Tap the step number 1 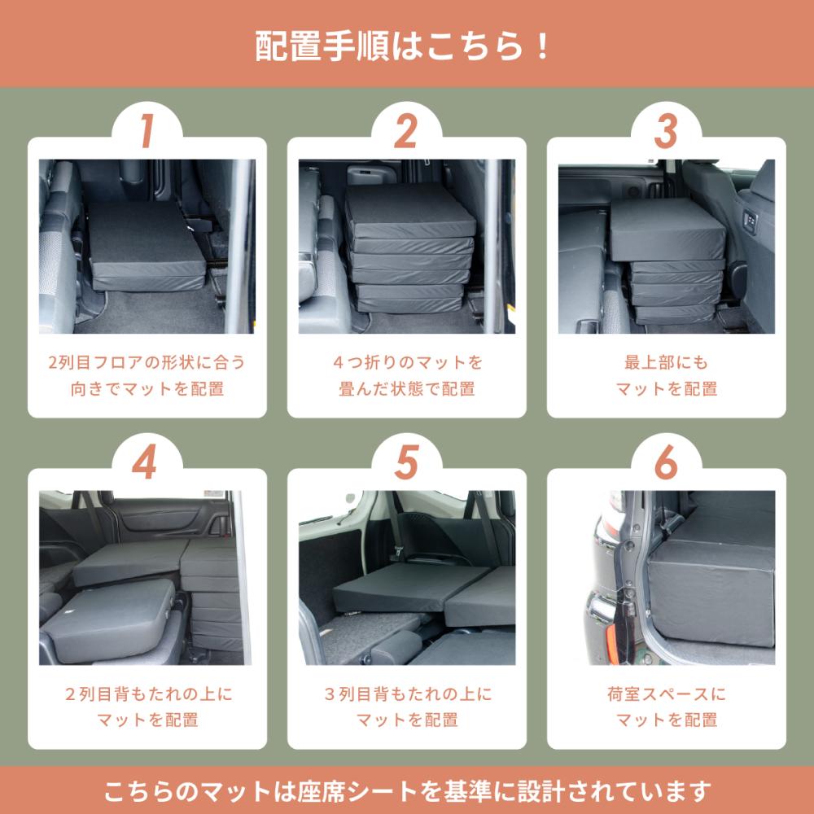pos(147,131)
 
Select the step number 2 pos(406,131)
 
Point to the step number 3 pos(666,131)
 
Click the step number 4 pos(145,462)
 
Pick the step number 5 pos(406,462)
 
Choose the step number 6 pos(666,462)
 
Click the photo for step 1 pos(147,246)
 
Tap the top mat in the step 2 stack pos(410,212)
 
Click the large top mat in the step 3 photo pos(667,230)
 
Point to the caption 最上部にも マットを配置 pos(667,375)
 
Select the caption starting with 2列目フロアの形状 pos(147,375)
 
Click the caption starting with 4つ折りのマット pos(407,375)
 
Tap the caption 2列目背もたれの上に pos(149,694)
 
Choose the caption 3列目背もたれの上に pos(408,694)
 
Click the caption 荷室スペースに pos(667,694)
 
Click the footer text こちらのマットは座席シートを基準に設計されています pos(407,791)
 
